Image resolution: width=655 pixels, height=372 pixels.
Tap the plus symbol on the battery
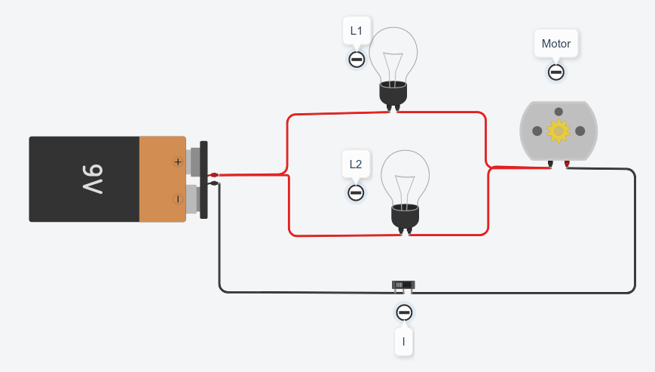click(x=178, y=161)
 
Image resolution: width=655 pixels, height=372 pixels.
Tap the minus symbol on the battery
click(x=178, y=199)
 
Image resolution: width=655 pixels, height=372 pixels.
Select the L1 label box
click(x=357, y=32)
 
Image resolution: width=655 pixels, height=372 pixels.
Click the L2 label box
click(x=357, y=164)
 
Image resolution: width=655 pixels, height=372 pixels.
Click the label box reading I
click(x=404, y=342)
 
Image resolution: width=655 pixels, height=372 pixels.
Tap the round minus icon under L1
click(x=357, y=60)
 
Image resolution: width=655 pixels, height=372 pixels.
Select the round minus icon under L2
click(x=357, y=192)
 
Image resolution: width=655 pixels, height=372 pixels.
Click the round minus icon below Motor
click(x=556, y=72)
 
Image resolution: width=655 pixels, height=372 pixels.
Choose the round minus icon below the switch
click(x=404, y=312)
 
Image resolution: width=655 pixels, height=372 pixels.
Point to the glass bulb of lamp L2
click(x=405, y=177)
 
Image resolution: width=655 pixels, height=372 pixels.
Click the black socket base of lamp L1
click(x=393, y=94)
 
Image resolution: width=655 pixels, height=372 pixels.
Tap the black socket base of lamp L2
click(x=405, y=217)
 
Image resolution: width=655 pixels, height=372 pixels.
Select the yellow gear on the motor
click(x=559, y=131)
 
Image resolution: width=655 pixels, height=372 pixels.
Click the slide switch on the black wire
click(x=403, y=285)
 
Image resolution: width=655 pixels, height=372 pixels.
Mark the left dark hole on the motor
click(x=536, y=131)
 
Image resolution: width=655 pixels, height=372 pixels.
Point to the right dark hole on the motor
click(x=580, y=131)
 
